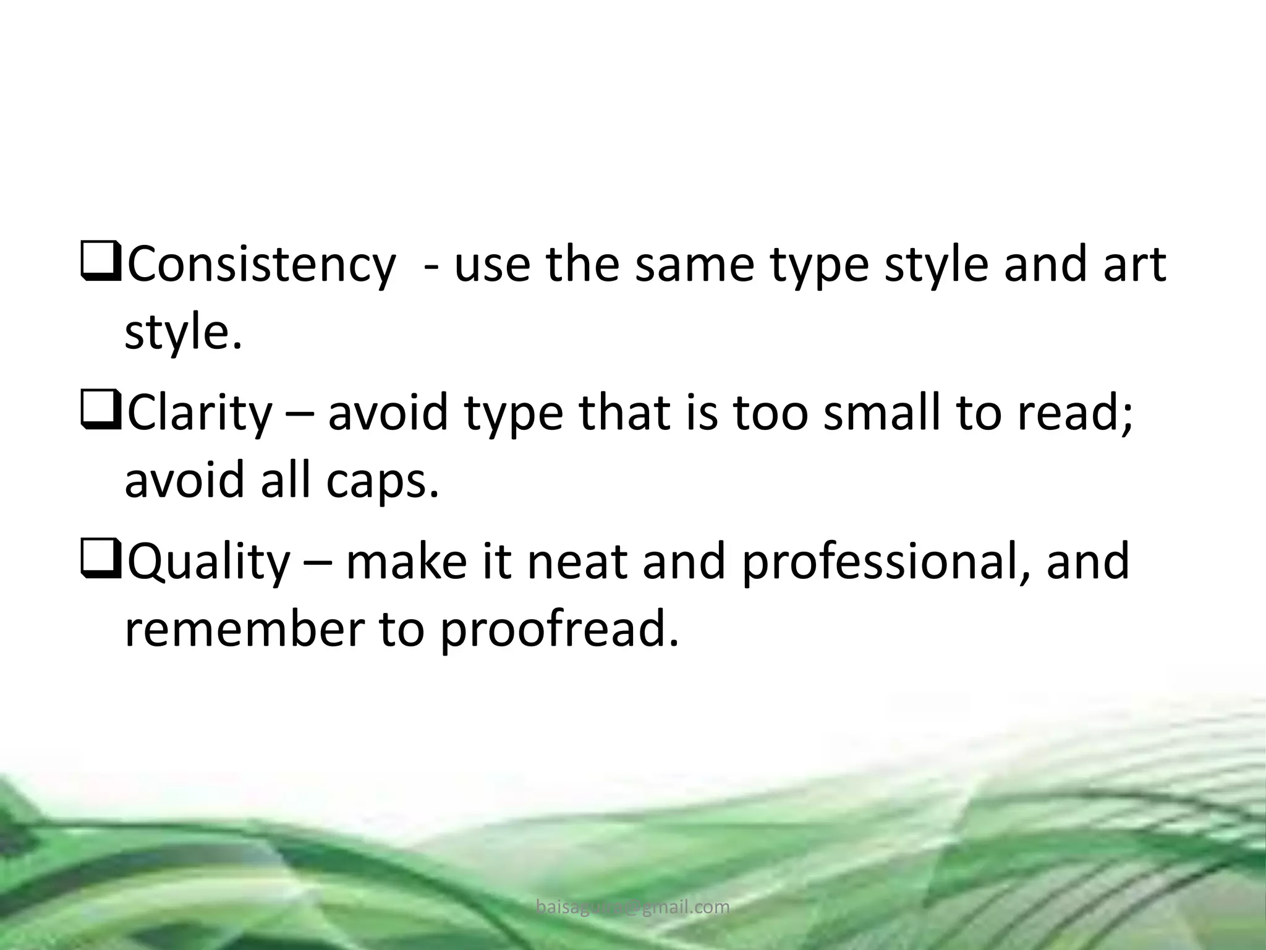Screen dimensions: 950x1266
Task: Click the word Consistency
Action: pos(260,265)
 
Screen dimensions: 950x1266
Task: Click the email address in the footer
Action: pos(633,907)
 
